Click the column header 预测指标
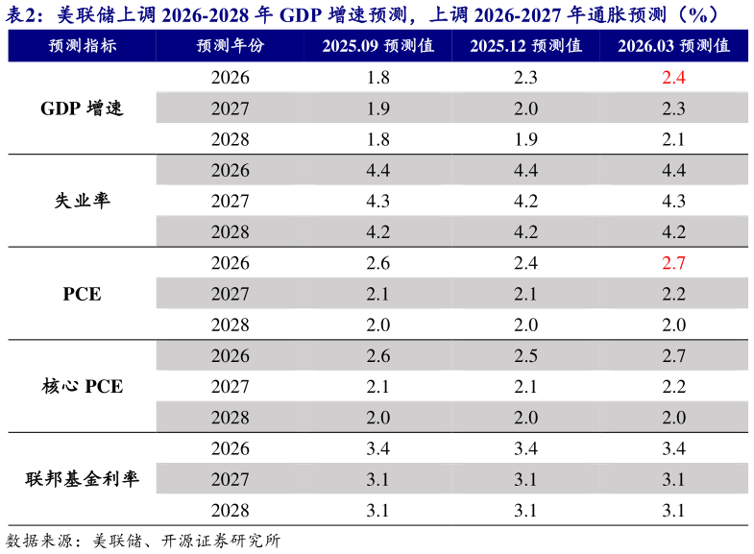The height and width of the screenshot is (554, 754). tap(82, 46)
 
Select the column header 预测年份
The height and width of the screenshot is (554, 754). tap(230, 46)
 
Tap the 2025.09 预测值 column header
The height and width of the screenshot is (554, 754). tap(377, 46)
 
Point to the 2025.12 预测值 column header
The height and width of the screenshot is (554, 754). tap(525, 46)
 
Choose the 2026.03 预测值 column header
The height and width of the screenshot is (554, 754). tap(673, 46)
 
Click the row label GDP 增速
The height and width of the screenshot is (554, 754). tap(82, 108)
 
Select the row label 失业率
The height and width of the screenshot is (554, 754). tap(82, 202)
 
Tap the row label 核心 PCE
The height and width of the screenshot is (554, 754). tap(82, 387)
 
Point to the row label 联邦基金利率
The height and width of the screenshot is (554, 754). tap(82, 480)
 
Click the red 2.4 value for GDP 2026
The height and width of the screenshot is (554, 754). tap(673, 78)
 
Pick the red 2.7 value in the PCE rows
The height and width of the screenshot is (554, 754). tap(673, 263)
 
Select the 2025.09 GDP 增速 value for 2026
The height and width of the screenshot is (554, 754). tap(377, 78)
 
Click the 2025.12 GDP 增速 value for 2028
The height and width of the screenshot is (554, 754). tap(525, 139)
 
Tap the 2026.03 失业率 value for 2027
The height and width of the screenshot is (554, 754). tap(673, 202)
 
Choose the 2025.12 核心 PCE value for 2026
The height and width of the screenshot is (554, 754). tap(525, 356)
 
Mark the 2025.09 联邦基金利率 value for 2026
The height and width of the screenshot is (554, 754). tap(377, 448)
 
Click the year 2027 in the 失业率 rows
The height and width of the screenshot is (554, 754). tap(230, 202)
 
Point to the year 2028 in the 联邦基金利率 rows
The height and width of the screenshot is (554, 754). tap(230, 511)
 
